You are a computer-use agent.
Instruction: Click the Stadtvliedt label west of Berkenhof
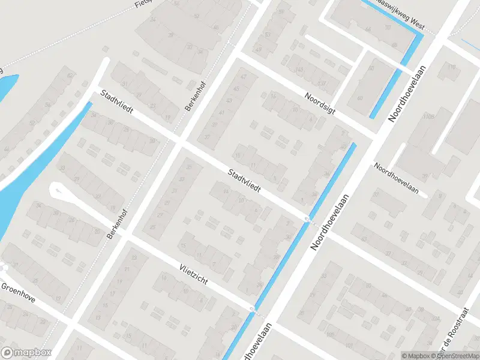[x=117, y=103]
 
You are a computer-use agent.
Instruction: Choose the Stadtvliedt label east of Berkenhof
[x=244, y=179]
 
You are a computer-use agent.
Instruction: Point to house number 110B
[x=428, y=116]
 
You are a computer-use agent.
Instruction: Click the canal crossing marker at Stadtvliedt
[x=308, y=220]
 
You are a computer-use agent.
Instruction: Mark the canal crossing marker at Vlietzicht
[x=253, y=310]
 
